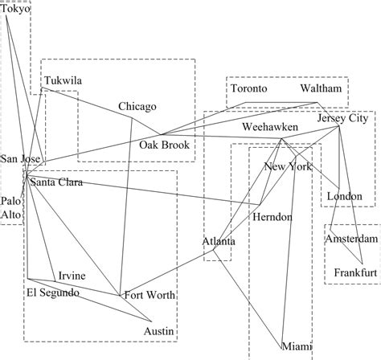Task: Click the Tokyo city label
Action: (15, 10)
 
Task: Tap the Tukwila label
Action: (63, 81)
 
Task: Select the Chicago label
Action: (137, 107)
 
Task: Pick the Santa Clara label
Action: (55, 183)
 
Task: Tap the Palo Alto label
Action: (11, 207)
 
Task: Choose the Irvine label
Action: (72, 276)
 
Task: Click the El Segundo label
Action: (53, 292)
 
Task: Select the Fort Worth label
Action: (150, 296)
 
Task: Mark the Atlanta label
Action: (218, 241)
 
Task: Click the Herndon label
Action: (272, 217)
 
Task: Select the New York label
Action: (287, 167)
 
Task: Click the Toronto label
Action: (249, 88)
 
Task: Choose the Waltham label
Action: (322, 88)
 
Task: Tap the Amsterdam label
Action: (351, 239)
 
